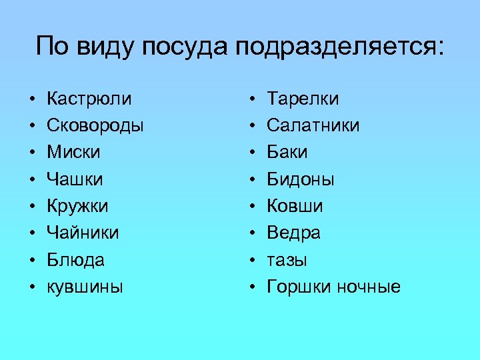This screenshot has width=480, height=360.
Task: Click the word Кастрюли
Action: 89,99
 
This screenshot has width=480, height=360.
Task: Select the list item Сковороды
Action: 95,125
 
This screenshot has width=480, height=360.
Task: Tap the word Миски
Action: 73,153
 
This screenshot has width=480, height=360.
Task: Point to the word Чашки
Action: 75,179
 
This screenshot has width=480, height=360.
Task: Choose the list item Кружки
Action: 77,206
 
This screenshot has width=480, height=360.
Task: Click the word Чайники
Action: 83,233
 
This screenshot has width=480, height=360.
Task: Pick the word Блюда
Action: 75,260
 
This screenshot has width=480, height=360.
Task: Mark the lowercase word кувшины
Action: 85,287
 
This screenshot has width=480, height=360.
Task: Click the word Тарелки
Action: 303,99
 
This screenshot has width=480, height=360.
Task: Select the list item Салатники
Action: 313,125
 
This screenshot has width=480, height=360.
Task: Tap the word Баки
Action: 287,153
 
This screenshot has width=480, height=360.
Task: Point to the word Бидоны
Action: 301,179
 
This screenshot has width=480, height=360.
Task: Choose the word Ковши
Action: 295,206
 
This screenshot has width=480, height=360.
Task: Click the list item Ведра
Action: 293,233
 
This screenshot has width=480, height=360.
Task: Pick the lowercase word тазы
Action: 287,260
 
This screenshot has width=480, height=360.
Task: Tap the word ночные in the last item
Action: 369,287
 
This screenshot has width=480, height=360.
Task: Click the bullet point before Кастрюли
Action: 31,99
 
